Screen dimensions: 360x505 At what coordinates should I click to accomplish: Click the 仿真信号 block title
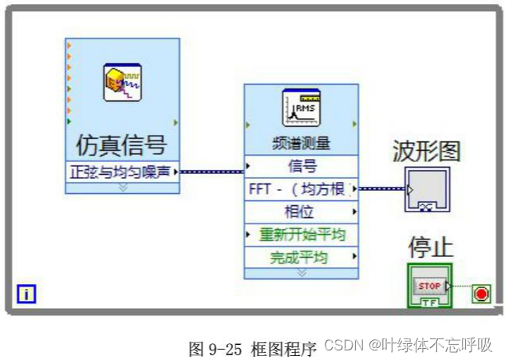121,144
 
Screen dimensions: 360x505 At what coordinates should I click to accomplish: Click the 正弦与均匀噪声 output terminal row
121,171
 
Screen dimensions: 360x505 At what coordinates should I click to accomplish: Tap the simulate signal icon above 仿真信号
122,82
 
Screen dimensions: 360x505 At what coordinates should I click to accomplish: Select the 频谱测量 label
301,144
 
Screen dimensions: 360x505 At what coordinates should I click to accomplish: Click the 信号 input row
301,166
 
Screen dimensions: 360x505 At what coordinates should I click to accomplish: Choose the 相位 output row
301,212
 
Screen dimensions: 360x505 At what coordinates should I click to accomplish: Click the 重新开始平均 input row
301,235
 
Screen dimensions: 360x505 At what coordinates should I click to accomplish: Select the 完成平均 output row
301,258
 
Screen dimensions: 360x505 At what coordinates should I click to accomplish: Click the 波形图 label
427,150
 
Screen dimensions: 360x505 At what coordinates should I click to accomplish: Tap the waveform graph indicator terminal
427,189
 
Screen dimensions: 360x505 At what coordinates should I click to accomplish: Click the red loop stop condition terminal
481,293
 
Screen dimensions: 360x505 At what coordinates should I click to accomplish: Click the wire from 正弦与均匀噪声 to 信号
211,170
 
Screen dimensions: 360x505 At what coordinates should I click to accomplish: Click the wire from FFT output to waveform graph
381,189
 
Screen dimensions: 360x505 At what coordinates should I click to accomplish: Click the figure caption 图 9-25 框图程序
252,348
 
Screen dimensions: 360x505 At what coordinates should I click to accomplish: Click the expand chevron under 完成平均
301,272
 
